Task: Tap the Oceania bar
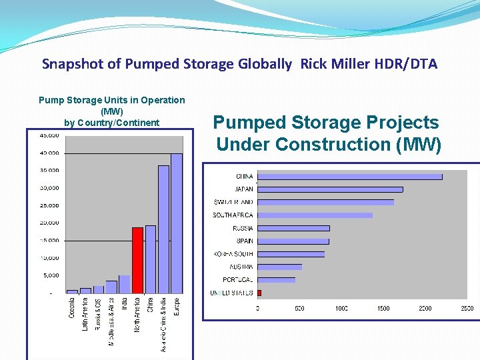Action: click(72, 291)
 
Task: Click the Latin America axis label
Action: click(85, 315)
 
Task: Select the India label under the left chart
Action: click(125, 304)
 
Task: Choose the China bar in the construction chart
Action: click(349, 177)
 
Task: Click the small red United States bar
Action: click(259, 293)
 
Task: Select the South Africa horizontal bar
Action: click(315, 215)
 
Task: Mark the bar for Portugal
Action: click(276, 280)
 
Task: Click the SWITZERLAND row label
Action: click(233, 203)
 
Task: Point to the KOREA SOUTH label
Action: click(233, 254)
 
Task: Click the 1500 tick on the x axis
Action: click(383, 309)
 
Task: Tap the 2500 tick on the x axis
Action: click(467, 309)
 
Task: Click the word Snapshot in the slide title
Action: click(70, 65)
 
